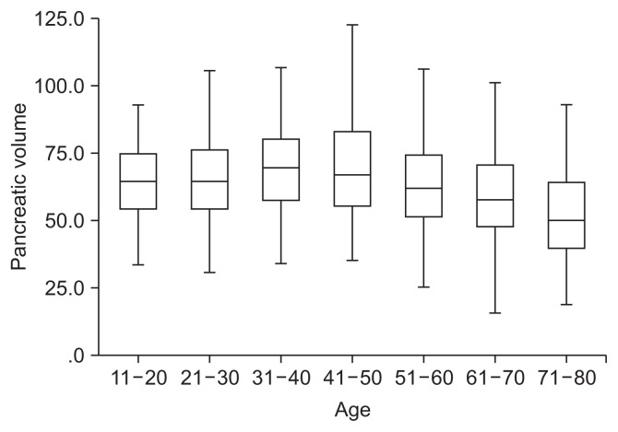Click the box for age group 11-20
click(x=137, y=181)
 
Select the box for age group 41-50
click(x=351, y=169)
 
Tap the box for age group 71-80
click(x=565, y=216)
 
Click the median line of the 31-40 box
click(x=280, y=169)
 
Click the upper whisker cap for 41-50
click(x=351, y=25)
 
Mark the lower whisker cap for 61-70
click(x=494, y=313)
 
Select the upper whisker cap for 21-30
click(x=209, y=70)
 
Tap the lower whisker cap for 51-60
click(x=423, y=287)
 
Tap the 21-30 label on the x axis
click(x=209, y=378)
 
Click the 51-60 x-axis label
click(x=423, y=378)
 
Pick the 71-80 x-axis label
click(x=565, y=378)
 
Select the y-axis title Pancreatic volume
click(x=19, y=186)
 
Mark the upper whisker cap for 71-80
click(x=565, y=105)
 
